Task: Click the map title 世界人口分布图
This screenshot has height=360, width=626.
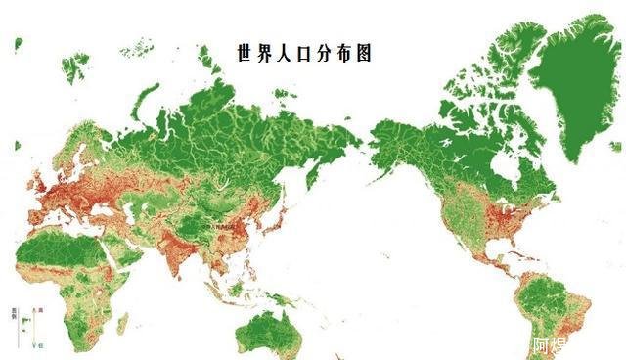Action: (x=304, y=54)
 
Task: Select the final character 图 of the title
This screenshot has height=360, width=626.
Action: (x=364, y=54)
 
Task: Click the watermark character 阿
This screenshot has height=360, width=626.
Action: (x=540, y=345)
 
